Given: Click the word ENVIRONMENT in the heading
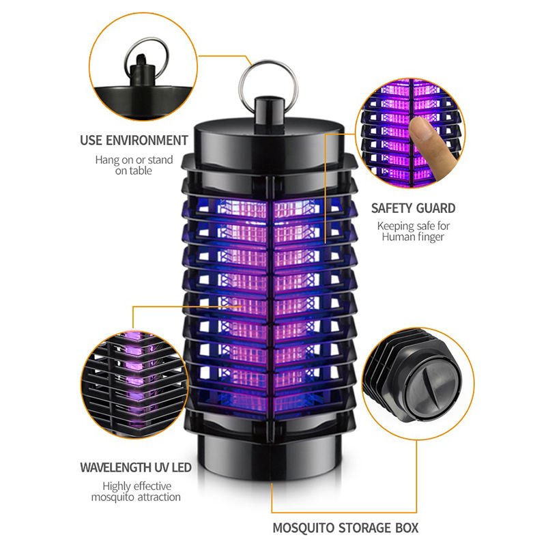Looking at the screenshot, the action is click(x=147, y=141).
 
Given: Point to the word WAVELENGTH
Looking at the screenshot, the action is click(x=115, y=468).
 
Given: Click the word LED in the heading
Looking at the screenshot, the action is click(x=182, y=468).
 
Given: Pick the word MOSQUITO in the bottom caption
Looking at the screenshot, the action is click(x=302, y=528).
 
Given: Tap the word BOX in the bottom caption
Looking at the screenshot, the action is click(x=407, y=528).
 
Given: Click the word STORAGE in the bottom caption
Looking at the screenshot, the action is click(x=364, y=528).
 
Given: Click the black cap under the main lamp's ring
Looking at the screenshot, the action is click(x=269, y=111).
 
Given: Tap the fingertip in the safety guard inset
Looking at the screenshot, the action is click(x=419, y=126).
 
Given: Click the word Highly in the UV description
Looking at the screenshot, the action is click(x=117, y=487).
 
